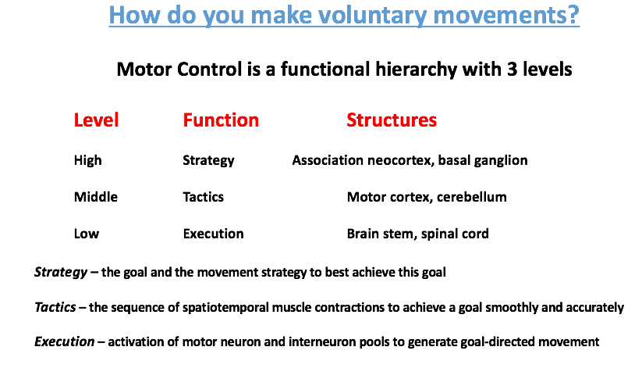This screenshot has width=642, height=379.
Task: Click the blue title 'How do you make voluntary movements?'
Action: click(x=343, y=15)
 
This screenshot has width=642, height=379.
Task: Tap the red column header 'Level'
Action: click(x=96, y=120)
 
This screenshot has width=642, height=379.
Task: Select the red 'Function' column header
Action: click(x=221, y=120)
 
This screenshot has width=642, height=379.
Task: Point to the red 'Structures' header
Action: click(x=392, y=120)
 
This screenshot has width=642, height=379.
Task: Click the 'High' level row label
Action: click(x=87, y=160)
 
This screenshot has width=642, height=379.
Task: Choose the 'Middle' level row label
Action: click(x=95, y=197)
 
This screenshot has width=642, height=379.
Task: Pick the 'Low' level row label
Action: click(x=86, y=234)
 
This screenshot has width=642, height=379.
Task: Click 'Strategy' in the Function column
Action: click(x=208, y=161)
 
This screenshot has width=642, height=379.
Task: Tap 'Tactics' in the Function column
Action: click(x=203, y=197)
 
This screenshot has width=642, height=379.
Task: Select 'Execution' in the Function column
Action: click(x=213, y=234)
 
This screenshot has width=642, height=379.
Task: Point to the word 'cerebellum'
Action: click(x=471, y=197)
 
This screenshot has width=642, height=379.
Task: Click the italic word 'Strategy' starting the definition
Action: click(x=59, y=273)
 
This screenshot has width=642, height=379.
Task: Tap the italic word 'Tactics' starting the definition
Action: click(x=55, y=307)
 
